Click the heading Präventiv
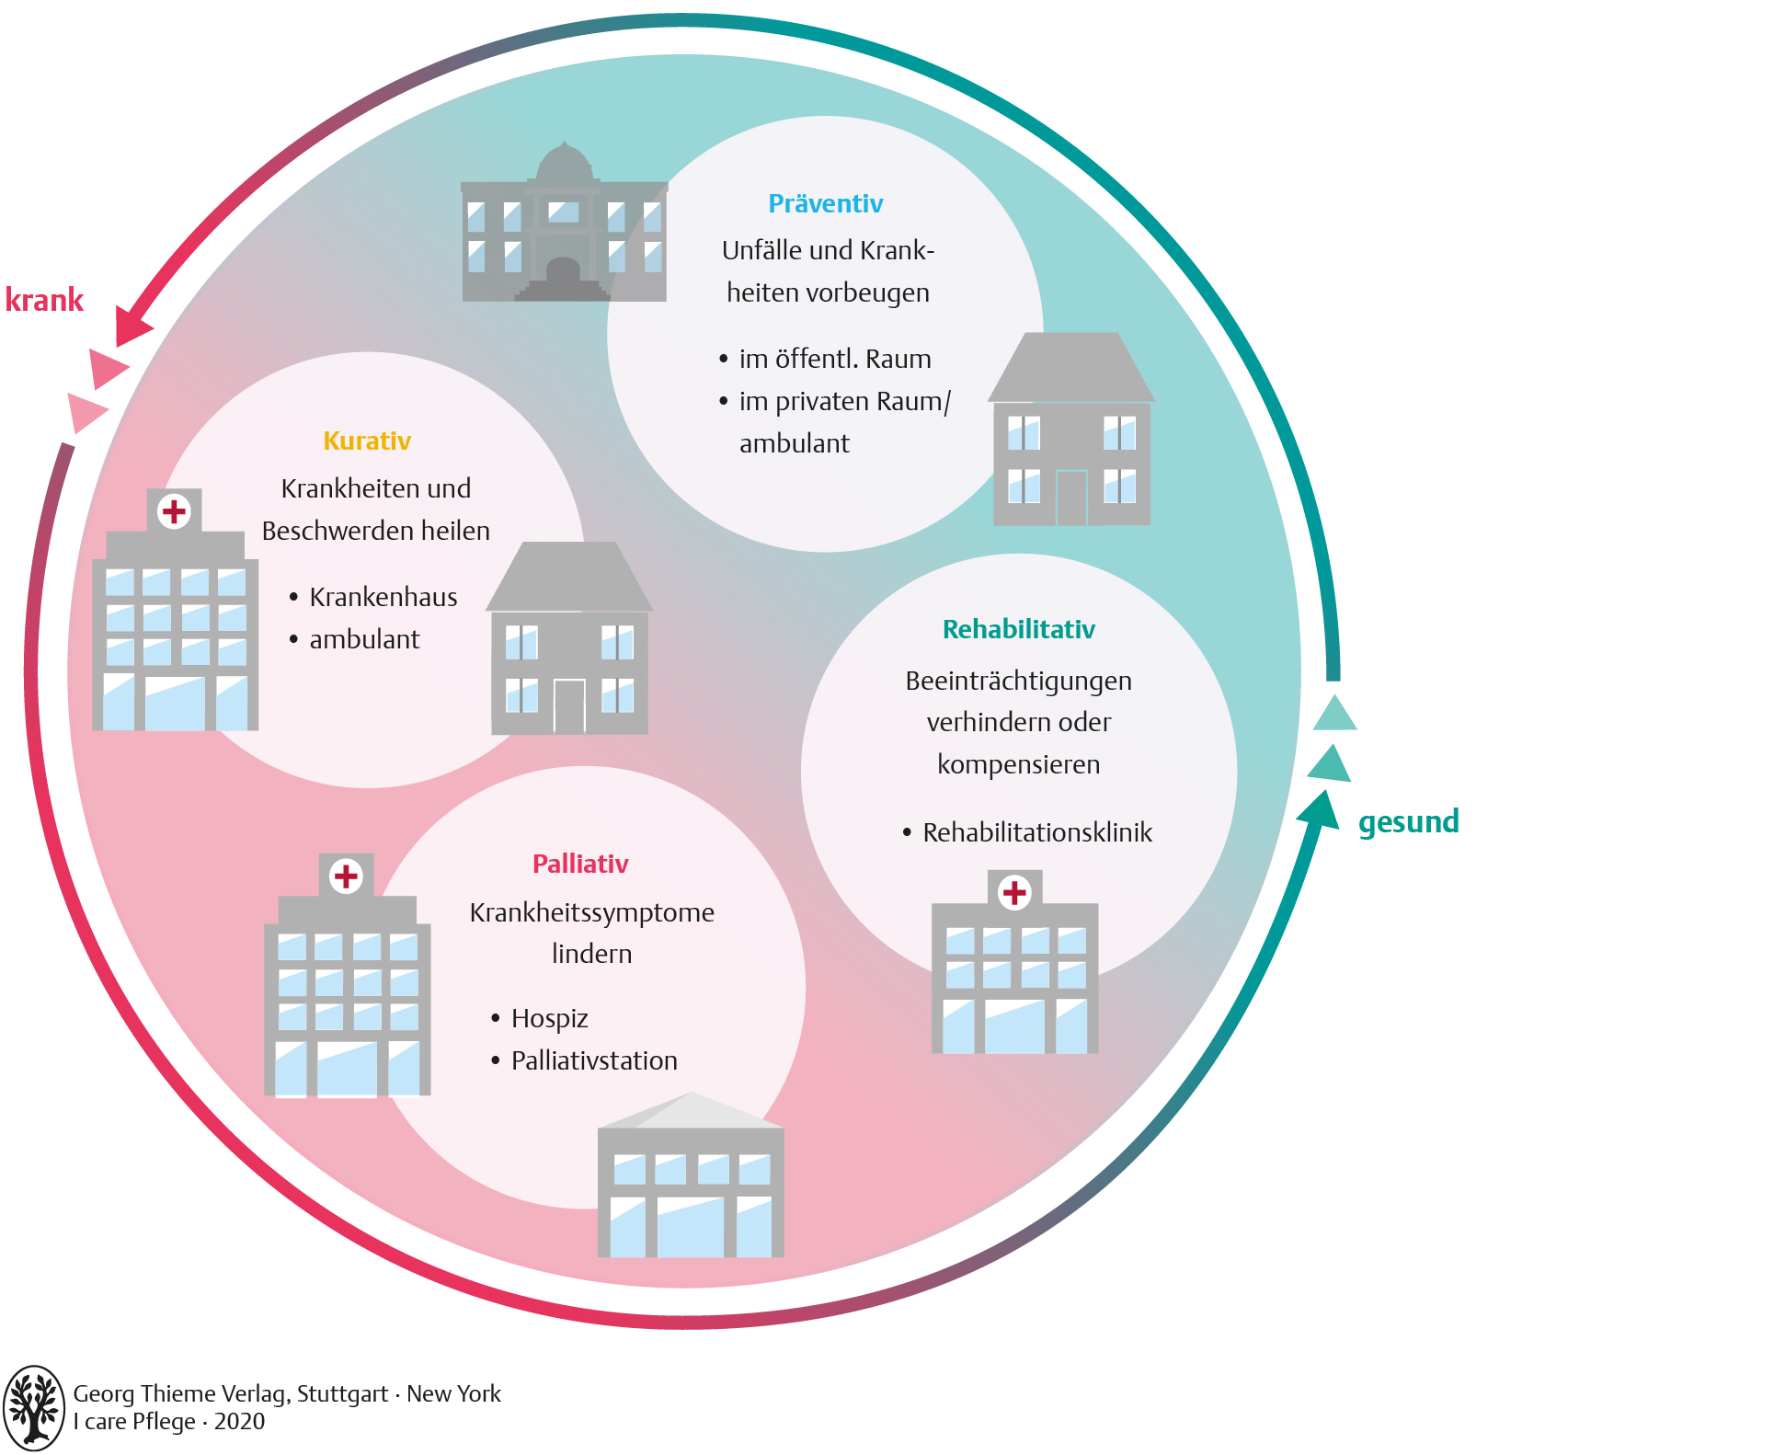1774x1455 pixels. click(x=825, y=203)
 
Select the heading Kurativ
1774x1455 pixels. click(x=367, y=441)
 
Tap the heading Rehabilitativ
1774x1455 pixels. click(x=1018, y=629)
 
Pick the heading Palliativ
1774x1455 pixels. click(x=580, y=864)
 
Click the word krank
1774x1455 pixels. click(x=44, y=300)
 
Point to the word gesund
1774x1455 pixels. click(x=1408, y=821)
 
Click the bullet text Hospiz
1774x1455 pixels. click(x=549, y=1018)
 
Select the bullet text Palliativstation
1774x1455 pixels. click(x=594, y=1060)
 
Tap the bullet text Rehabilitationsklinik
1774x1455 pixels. click(x=1036, y=832)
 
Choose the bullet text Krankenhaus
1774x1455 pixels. click(x=383, y=597)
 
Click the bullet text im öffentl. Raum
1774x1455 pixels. click(x=834, y=359)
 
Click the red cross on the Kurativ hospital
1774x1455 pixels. click(x=174, y=511)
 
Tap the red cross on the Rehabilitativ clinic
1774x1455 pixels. click(x=1014, y=892)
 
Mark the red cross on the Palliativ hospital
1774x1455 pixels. click(x=346, y=876)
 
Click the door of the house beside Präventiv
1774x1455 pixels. click(x=1071, y=498)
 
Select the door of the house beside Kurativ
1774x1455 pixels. click(x=569, y=706)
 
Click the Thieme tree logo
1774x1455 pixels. click(x=34, y=1407)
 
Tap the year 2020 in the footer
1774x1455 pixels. click(x=239, y=1422)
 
